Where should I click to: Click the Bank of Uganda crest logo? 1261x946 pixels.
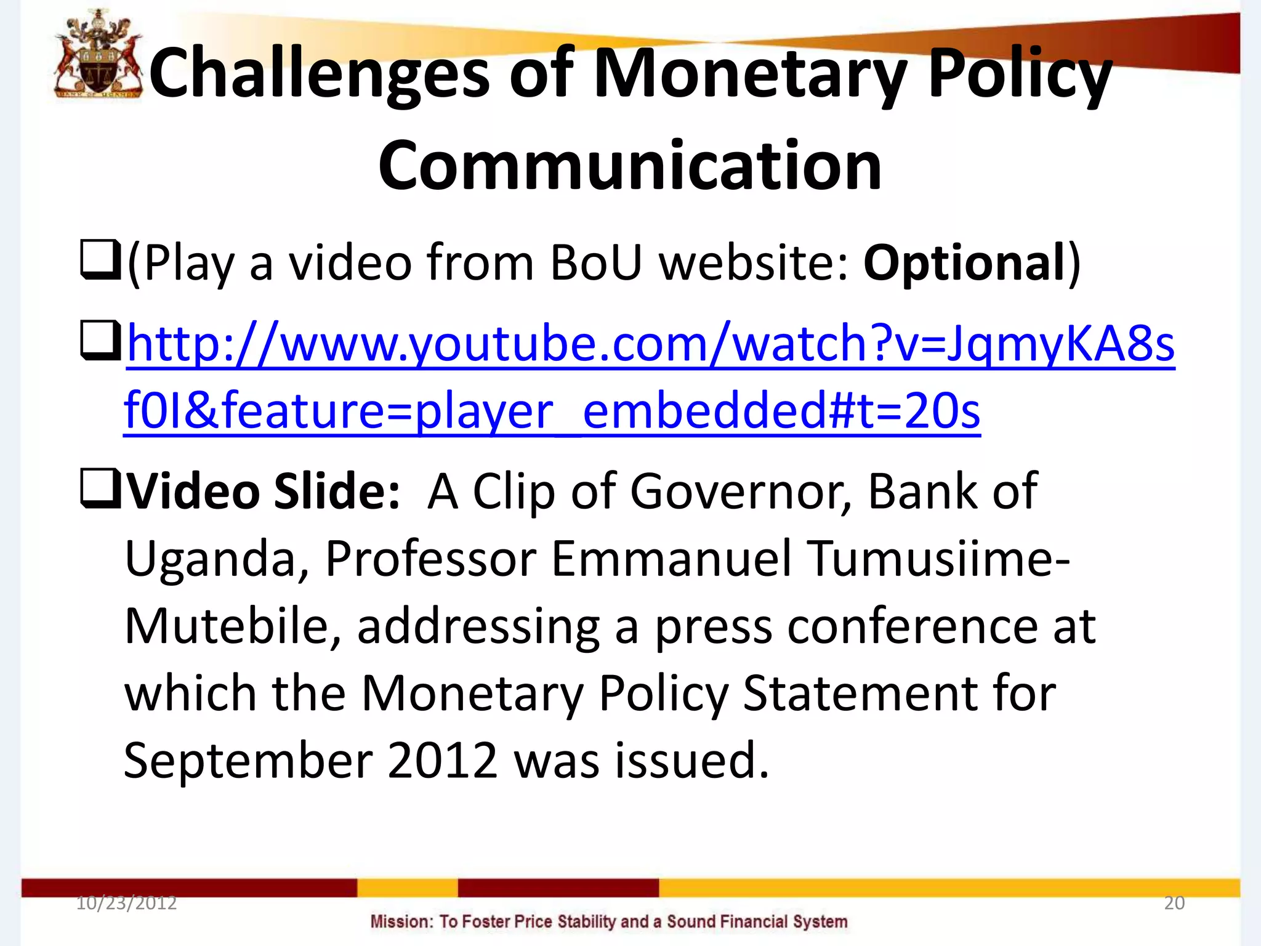click(x=98, y=57)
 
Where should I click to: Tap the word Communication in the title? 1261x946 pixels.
click(x=630, y=166)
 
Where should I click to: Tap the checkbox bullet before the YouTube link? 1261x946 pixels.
click(x=100, y=341)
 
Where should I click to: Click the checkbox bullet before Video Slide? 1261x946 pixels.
click(x=100, y=489)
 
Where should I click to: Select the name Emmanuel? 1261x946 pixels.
click(x=671, y=559)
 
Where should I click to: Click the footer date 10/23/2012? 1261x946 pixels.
click(x=126, y=903)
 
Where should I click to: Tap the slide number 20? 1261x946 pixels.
click(x=1174, y=903)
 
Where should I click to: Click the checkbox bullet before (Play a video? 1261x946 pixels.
click(x=100, y=261)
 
